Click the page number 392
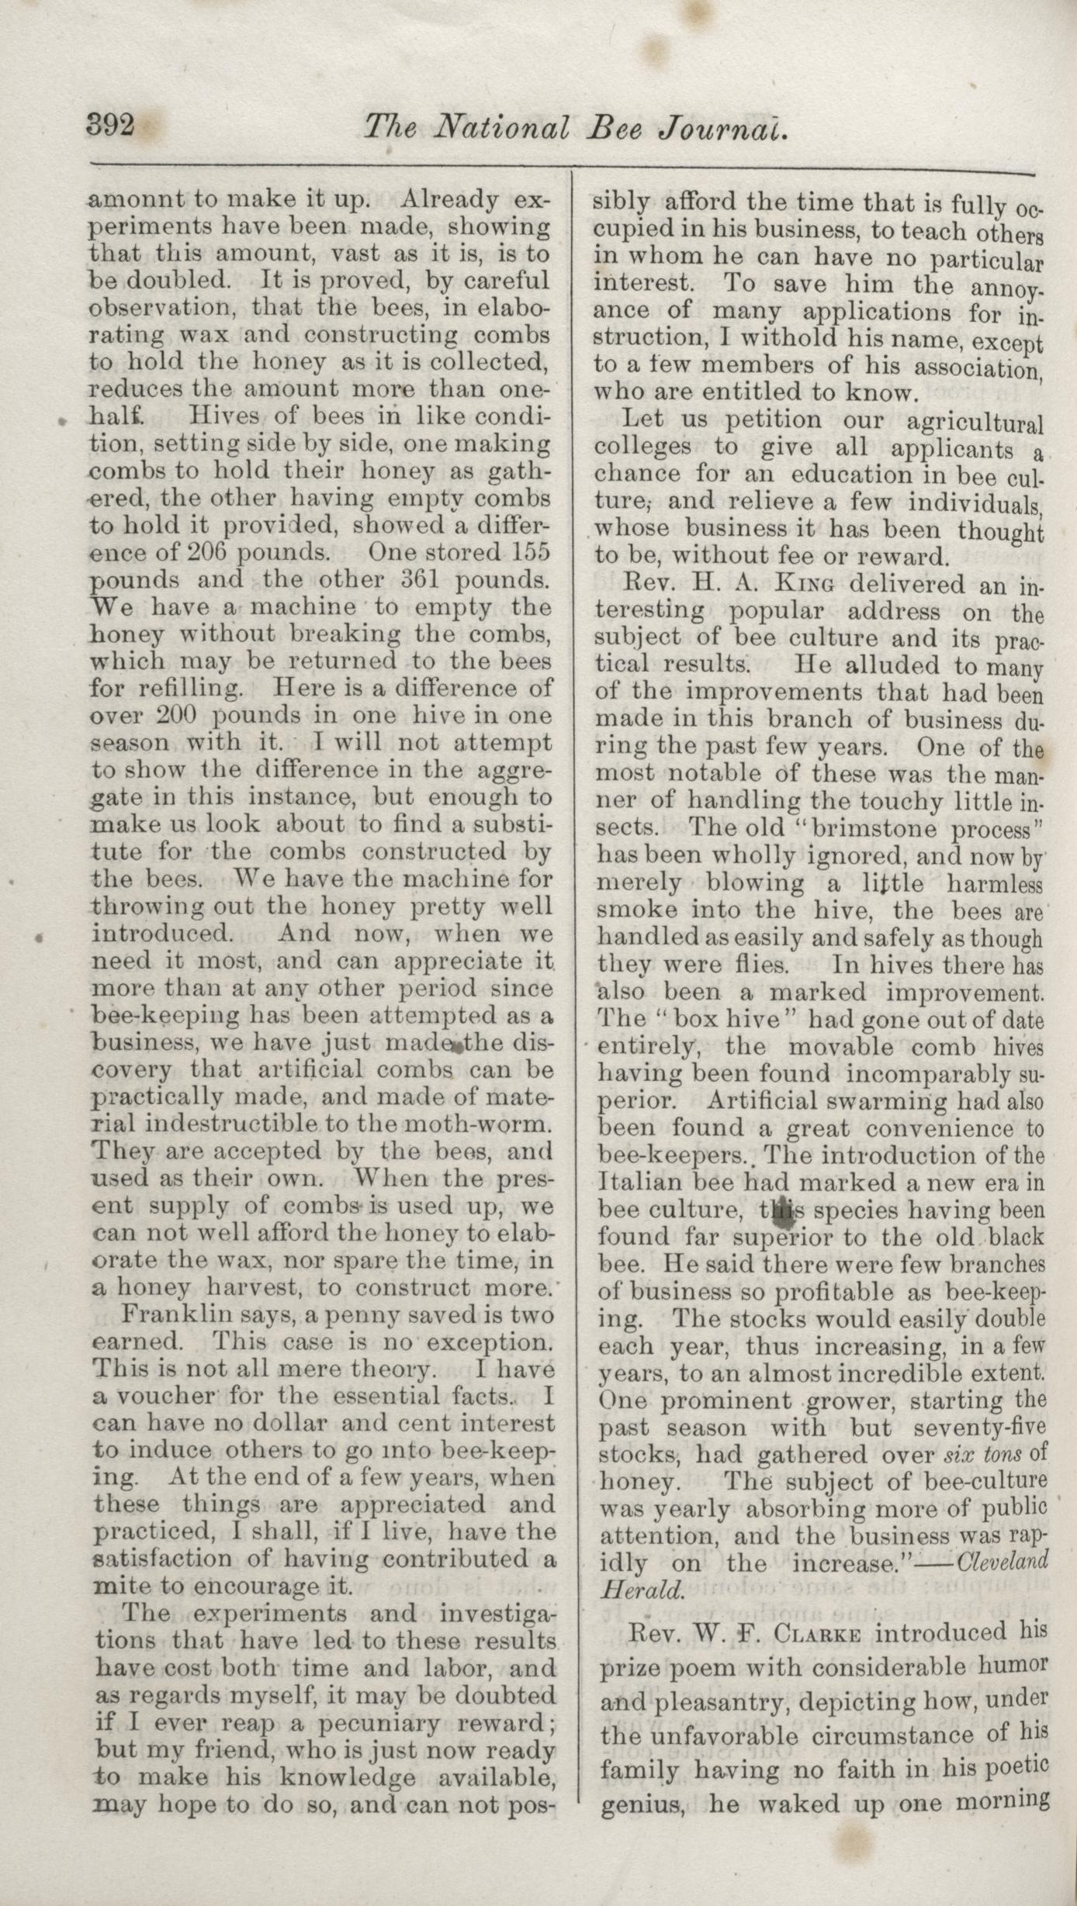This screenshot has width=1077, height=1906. coord(111,125)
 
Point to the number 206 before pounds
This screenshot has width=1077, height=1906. coord(209,553)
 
